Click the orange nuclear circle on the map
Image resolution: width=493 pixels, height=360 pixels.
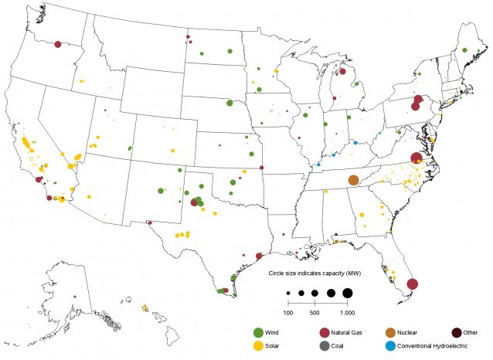353,180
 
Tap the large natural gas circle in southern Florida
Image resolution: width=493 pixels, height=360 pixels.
413,284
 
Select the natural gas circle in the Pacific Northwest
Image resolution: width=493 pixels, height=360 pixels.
59,45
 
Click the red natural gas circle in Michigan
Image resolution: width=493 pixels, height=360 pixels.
342,72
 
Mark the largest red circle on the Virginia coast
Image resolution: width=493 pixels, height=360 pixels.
416,158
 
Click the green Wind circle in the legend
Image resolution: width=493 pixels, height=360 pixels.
258,332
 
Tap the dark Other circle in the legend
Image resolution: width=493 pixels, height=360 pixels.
457,332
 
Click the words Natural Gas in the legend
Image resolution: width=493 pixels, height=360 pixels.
348,332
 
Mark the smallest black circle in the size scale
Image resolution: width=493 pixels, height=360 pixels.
287,294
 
